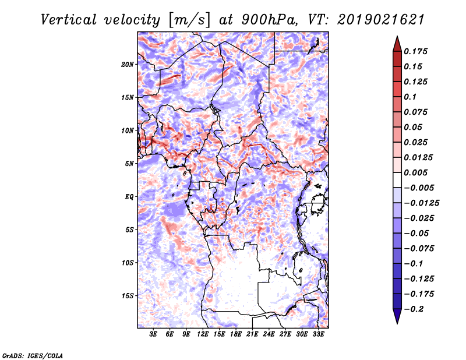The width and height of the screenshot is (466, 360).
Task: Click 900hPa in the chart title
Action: click(x=265, y=19)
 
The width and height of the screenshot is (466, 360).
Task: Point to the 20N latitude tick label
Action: click(x=128, y=64)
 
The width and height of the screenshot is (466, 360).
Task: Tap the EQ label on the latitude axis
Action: click(x=129, y=197)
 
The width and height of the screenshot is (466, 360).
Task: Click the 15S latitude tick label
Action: click(x=128, y=296)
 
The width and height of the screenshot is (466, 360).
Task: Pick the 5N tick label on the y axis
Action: click(x=129, y=164)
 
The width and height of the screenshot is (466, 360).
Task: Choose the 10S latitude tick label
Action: click(x=128, y=263)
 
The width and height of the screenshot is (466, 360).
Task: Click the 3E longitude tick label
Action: click(x=154, y=334)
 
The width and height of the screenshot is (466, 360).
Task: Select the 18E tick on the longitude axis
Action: click(x=236, y=334)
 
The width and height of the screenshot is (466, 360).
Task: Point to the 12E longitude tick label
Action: click(x=203, y=334)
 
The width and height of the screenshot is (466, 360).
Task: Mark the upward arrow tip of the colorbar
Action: click(x=396, y=39)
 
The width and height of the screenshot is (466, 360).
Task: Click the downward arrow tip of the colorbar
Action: click(x=396, y=321)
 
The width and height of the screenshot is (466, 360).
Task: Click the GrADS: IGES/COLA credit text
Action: click(x=32, y=355)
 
